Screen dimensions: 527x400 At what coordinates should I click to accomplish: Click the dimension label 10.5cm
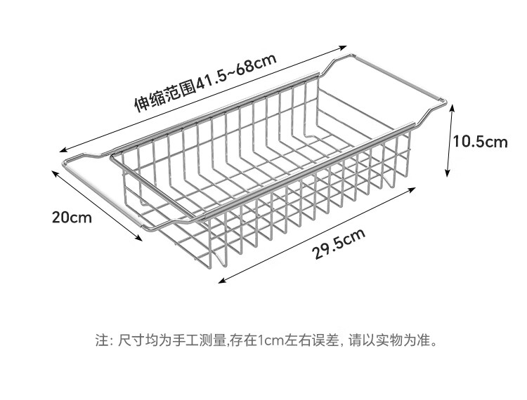point(479,142)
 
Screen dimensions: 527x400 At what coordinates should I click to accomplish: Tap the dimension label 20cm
point(72,216)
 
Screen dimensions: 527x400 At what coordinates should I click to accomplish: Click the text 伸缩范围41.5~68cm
point(204,84)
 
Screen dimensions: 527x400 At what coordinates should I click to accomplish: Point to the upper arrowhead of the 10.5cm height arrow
point(450,106)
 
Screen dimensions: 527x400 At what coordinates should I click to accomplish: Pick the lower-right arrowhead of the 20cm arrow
point(143,241)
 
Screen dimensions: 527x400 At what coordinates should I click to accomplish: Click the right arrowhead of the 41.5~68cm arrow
point(346,49)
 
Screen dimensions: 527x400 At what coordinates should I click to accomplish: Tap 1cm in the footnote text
point(267,342)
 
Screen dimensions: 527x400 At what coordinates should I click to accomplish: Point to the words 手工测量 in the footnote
point(203,342)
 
